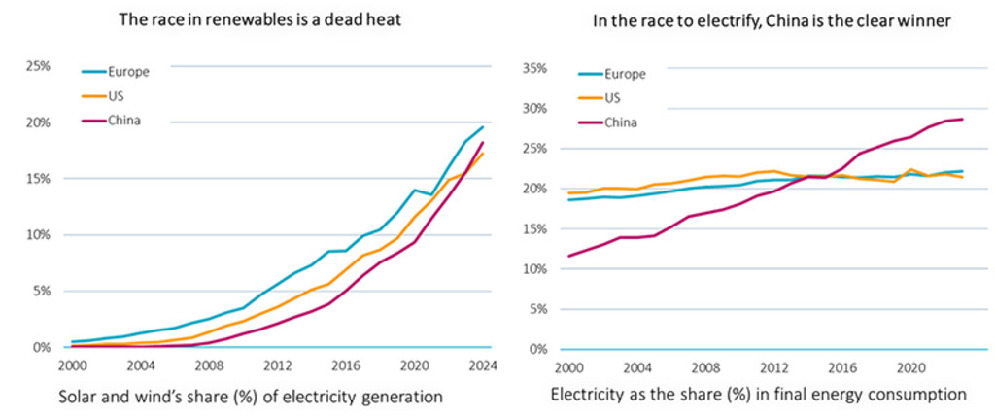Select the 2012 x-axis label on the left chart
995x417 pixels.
pos(277,365)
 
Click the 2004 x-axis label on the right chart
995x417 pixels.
pos(635,368)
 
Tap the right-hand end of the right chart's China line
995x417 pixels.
pos(962,120)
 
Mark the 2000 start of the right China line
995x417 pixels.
pos(568,256)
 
